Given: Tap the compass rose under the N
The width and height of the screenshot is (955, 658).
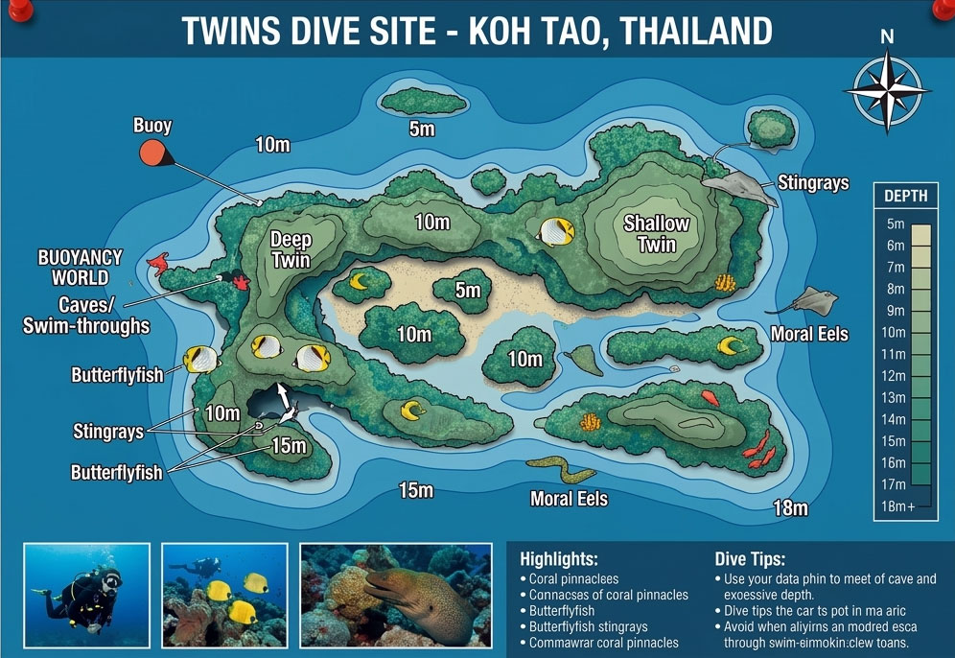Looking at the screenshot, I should click(x=887, y=88).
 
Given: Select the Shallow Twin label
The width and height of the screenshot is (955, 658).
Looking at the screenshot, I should click(x=657, y=233).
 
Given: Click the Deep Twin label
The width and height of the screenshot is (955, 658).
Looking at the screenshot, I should click(x=291, y=248).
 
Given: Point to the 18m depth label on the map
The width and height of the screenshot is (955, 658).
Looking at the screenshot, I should click(x=790, y=508).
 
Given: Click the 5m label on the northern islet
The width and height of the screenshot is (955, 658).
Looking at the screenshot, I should click(x=422, y=129).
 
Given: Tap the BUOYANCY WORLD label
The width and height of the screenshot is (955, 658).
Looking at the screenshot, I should click(x=73, y=268).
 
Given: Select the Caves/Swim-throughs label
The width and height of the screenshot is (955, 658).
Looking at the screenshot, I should click(x=86, y=316).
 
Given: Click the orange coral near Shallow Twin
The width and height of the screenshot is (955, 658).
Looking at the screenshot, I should click(x=725, y=282).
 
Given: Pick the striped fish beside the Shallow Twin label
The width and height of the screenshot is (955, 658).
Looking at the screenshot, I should click(x=555, y=231).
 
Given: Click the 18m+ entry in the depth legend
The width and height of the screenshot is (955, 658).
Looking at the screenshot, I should click(x=898, y=506).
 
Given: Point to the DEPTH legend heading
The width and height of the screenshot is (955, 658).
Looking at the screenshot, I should click(x=906, y=197).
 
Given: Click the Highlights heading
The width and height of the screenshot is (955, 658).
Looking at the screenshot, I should click(x=559, y=559).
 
